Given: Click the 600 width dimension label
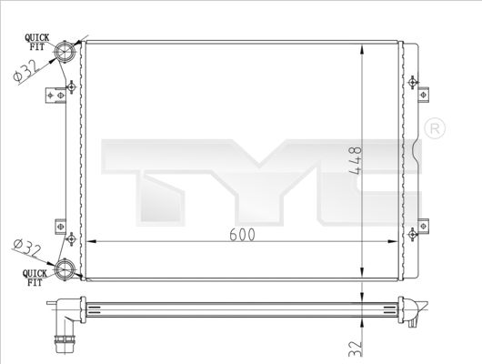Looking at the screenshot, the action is point(242,235).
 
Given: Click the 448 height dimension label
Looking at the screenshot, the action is point(356,161).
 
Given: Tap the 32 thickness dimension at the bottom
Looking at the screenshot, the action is point(356,349).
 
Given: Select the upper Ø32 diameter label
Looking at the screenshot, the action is point(25,70).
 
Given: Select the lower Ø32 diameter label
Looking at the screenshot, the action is point(27,249).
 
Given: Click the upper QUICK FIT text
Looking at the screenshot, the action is point(37,42).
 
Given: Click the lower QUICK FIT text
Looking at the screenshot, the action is point(35,278).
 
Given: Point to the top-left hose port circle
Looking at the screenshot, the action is point(65,51).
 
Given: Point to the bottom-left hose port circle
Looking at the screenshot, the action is point(65,269).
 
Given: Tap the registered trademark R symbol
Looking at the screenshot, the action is point(435,128).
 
